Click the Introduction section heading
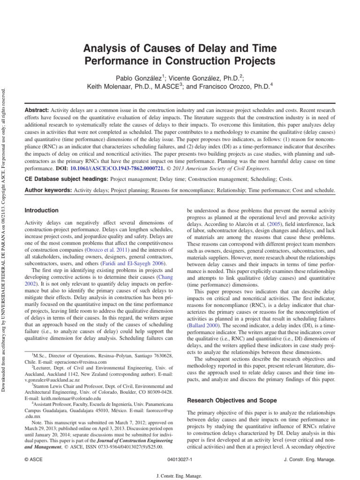coord(42,211)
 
